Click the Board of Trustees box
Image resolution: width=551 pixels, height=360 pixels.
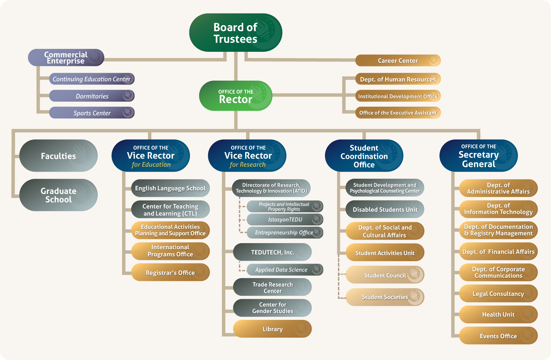tap(235, 33)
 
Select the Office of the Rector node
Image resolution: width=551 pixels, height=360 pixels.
tap(235, 96)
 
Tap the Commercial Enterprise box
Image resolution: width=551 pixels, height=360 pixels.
tap(66, 58)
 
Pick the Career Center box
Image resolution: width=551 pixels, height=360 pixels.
tap(398, 61)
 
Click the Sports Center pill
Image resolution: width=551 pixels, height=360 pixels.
tap(92, 113)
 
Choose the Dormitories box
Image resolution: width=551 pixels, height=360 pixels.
tap(92, 96)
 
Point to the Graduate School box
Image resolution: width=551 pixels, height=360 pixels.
tap(58, 195)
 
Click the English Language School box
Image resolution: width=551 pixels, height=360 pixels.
tap(170, 188)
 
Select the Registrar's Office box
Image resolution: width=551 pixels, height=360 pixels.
tap(170, 273)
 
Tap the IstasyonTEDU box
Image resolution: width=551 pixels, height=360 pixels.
tap(285, 219)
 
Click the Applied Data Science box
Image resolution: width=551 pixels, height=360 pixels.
tap(281, 270)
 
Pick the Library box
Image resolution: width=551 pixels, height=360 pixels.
tap(272, 329)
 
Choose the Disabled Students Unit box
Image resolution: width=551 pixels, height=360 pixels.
tap(385, 209)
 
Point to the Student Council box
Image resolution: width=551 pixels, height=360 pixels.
tap(385, 275)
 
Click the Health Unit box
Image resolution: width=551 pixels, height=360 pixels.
tap(498, 314)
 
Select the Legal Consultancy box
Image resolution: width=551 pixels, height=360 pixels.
tap(498, 294)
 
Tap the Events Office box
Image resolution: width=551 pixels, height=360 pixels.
tap(498, 336)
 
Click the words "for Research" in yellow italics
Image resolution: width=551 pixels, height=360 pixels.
tap(248, 165)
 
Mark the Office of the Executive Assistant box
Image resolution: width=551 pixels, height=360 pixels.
tap(398, 113)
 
